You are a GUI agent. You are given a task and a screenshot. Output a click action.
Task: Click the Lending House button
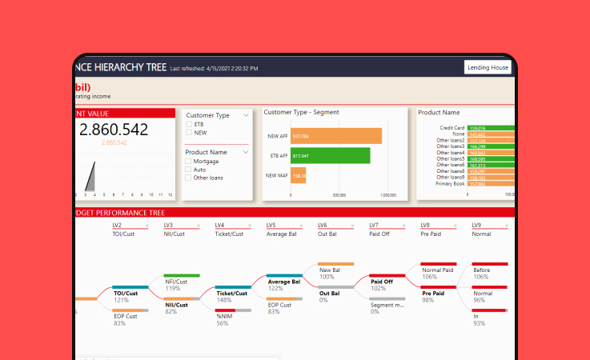coord(488,68)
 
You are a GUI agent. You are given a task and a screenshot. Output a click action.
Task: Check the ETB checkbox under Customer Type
coord(189,125)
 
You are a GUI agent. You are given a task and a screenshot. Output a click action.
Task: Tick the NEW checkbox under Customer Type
coord(189,133)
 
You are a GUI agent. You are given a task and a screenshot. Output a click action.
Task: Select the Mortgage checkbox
coord(189,162)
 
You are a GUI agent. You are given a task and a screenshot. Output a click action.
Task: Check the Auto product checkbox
coord(189,170)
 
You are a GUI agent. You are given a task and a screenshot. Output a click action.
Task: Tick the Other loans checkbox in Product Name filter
coord(189,178)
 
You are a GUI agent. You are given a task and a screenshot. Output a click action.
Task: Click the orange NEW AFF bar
coord(335,136)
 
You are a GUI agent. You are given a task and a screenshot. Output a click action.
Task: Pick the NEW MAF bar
coord(298,176)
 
